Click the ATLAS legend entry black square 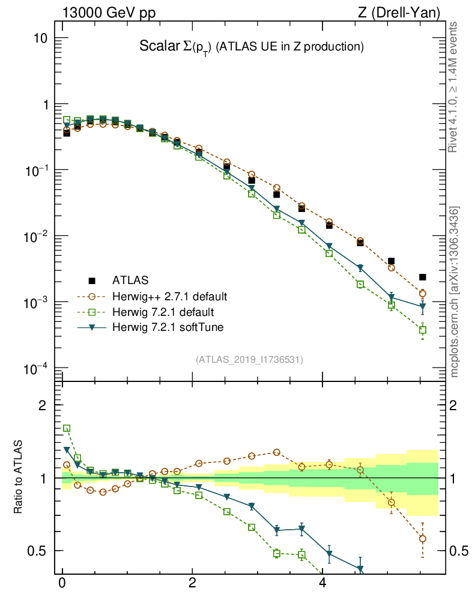pyautogui.click(x=92, y=280)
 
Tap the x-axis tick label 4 pyautogui.click(x=322, y=583)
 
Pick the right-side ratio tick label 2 pyautogui.click(x=455, y=405)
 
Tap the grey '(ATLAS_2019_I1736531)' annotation pyautogui.click(x=249, y=360)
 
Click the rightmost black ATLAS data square pyautogui.click(x=423, y=277)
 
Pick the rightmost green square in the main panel pyautogui.click(x=423, y=330)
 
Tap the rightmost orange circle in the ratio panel pyautogui.click(x=423, y=539)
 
